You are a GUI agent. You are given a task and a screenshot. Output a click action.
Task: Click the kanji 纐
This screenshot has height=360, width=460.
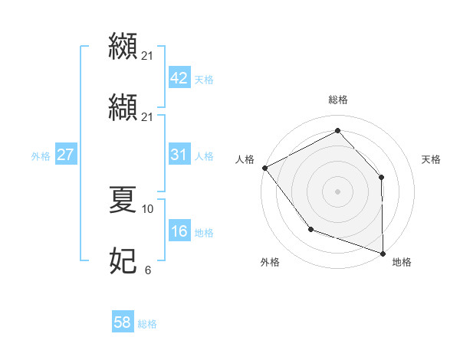point(123,44)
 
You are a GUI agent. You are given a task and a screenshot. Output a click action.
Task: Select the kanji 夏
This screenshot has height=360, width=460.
point(123,199)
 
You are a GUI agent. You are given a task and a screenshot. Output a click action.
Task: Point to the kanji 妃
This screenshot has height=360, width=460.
point(123,261)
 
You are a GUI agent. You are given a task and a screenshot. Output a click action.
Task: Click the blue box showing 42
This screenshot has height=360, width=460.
point(179,78)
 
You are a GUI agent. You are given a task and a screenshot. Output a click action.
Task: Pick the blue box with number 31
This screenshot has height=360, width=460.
point(179,155)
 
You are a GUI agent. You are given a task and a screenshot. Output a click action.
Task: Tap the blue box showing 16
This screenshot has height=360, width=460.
point(179,231)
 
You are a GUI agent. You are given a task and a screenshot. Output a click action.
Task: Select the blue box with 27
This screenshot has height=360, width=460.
point(65,155)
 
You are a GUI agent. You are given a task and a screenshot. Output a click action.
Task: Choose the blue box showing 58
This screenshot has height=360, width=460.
point(123,322)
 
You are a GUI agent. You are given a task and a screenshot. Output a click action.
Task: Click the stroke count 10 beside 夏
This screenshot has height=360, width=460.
point(148,208)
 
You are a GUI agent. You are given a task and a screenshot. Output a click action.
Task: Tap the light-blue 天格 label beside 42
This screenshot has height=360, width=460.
point(204,80)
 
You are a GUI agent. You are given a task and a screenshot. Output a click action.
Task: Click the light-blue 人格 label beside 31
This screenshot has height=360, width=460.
point(204,156)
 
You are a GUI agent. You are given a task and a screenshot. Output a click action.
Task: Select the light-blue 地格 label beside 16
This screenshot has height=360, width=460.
point(204,233)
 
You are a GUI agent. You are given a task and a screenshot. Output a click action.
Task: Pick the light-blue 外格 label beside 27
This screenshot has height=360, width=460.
point(41,156)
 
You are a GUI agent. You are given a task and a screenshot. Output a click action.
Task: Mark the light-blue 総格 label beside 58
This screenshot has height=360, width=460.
point(147,324)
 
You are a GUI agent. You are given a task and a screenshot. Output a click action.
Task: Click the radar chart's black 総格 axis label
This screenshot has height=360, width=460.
point(338,100)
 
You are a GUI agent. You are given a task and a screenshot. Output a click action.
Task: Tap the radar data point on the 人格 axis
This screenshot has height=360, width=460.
point(264,167)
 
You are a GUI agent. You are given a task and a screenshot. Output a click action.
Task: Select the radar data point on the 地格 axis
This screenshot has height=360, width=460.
point(383,253)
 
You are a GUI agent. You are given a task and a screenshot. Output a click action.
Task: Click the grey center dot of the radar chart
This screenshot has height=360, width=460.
point(338,191)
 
